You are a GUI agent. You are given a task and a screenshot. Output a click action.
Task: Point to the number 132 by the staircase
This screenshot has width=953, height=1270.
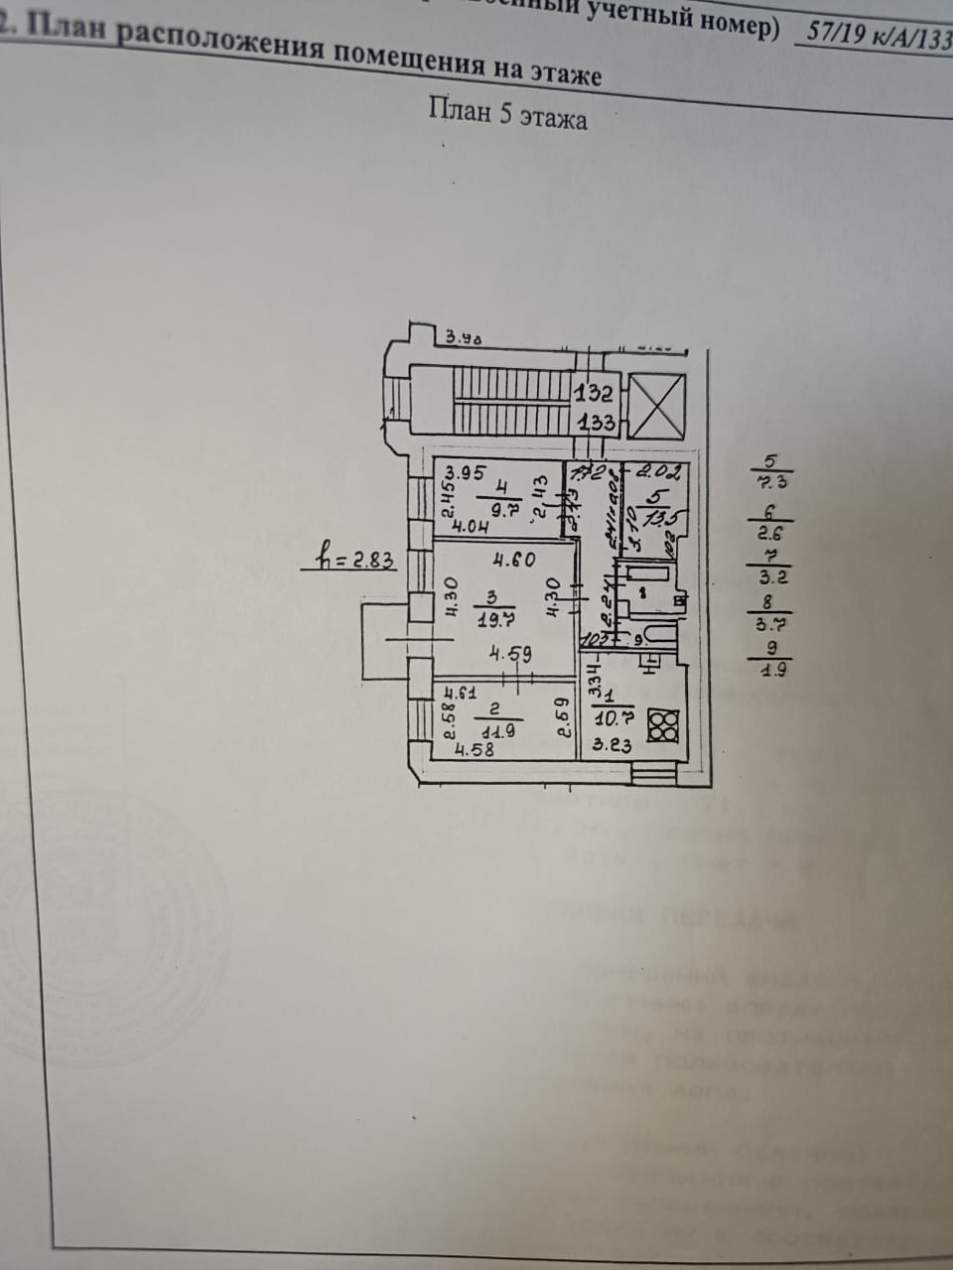click(595, 393)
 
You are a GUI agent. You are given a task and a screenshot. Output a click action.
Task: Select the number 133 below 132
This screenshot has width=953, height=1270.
click(596, 422)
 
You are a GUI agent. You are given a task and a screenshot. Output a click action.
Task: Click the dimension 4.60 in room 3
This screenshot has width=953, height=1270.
click(514, 560)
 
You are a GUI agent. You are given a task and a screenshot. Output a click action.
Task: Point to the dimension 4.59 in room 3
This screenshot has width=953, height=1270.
click(515, 655)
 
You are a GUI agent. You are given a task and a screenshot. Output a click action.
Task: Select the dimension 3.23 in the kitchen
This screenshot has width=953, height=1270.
click(613, 747)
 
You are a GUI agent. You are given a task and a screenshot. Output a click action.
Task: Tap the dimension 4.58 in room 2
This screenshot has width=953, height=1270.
click(475, 751)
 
